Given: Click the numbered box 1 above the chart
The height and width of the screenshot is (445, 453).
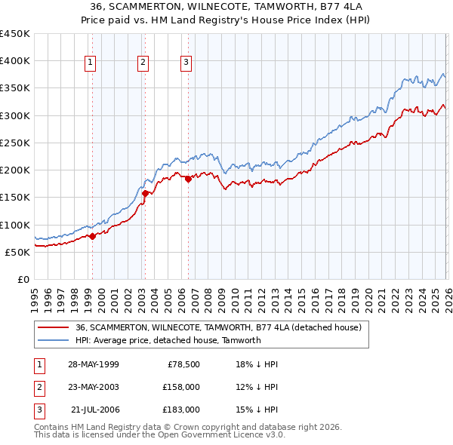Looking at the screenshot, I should [90, 63].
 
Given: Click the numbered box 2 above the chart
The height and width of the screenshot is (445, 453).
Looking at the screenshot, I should [143, 63].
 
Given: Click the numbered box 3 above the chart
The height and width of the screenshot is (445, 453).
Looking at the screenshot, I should [185, 63].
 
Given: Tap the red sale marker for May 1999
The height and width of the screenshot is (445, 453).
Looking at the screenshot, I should [92, 236].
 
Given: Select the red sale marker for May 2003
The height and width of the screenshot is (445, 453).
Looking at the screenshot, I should [145, 193].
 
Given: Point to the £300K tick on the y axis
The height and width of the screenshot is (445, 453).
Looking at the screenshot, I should [15, 115].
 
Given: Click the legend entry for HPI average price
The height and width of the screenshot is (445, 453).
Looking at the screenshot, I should [168, 340].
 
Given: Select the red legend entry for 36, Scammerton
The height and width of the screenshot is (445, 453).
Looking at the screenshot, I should [219, 327].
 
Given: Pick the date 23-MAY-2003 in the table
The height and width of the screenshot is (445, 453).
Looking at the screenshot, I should [92, 387].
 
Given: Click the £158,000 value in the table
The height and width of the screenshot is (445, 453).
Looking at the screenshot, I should [181, 387].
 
